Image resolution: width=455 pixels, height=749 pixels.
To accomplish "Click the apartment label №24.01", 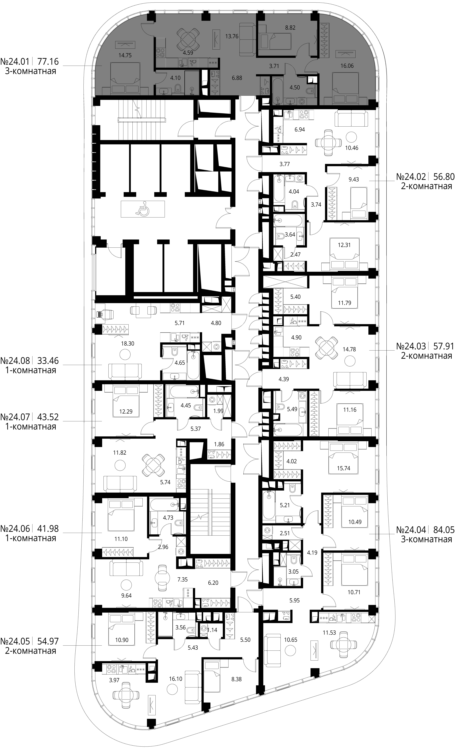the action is coord(15,62).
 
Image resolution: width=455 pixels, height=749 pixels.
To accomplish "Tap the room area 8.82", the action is coord(290,27).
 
